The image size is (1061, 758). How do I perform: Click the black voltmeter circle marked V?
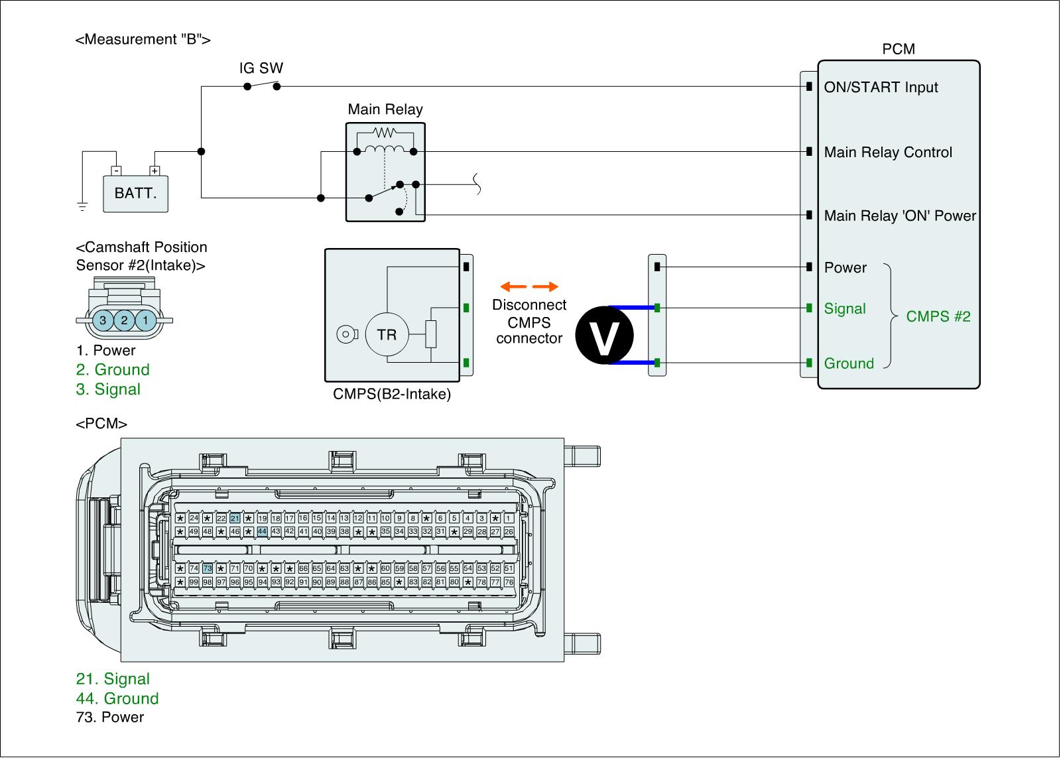click(x=604, y=336)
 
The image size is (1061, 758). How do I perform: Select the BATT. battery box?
click(x=135, y=194)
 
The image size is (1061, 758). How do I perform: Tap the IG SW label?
click(x=261, y=68)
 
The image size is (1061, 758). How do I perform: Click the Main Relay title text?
click(x=385, y=109)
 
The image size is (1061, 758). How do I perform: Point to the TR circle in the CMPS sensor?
click(x=387, y=334)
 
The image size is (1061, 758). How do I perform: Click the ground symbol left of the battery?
click(x=82, y=206)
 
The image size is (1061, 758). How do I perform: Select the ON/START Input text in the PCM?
click(x=881, y=88)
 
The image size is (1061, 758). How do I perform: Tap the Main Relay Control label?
click(x=888, y=153)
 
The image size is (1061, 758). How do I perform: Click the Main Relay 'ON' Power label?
click(x=900, y=216)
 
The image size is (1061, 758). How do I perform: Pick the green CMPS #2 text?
click(x=938, y=317)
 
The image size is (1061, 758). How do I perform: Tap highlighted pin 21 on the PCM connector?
click(x=235, y=519)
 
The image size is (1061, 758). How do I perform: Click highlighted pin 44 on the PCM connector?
click(x=262, y=532)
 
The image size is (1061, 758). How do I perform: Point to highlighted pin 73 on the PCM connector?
click(x=208, y=568)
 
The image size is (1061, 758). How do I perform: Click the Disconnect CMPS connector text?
click(x=529, y=322)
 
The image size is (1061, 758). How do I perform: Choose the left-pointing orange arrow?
click(x=513, y=287)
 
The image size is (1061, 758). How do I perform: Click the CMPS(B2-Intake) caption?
click(x=392, y=395)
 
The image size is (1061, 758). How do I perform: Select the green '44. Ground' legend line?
click(x=117, y=698)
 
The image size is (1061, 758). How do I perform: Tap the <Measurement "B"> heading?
click(x=143, y=40)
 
